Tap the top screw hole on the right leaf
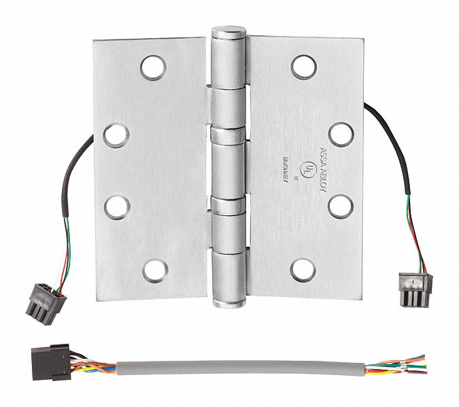tap(302, 65)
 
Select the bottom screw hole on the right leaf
tap(302, 266)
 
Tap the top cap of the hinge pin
tap(226, 33)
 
